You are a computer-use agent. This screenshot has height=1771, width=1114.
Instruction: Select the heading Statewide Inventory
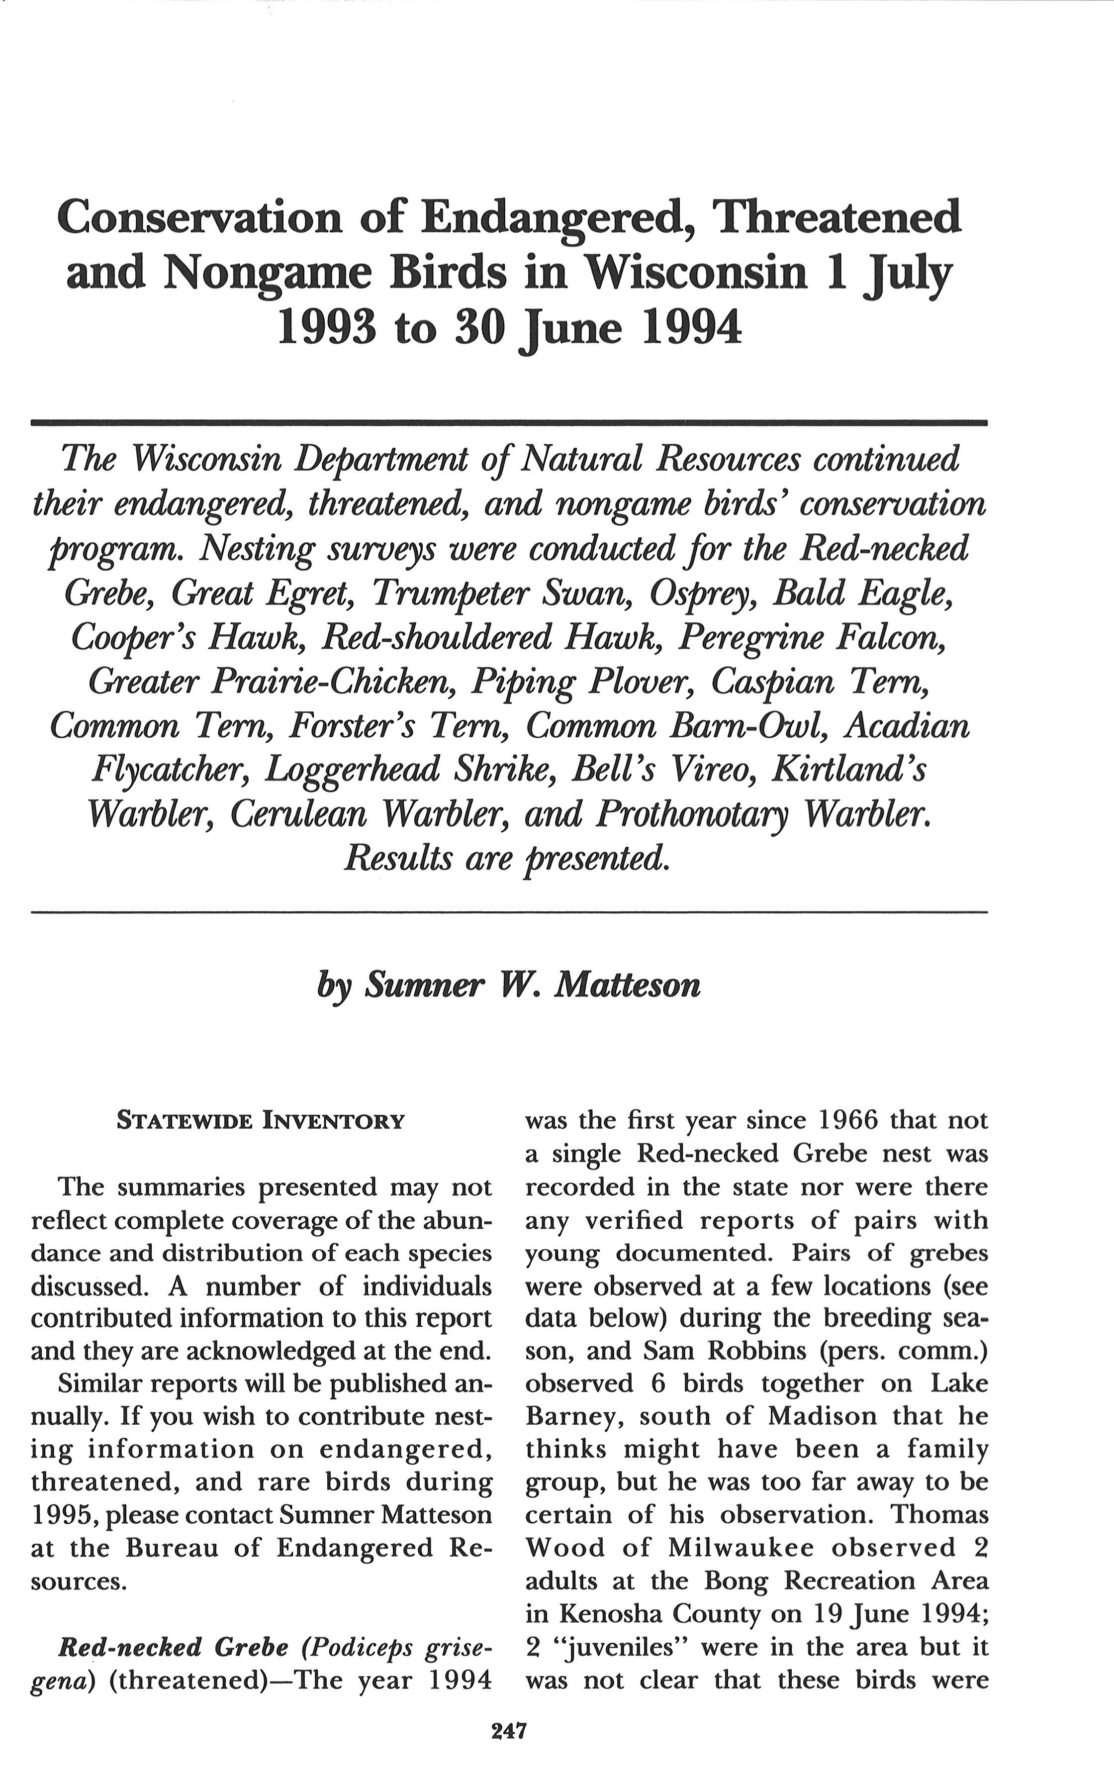261,1121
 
